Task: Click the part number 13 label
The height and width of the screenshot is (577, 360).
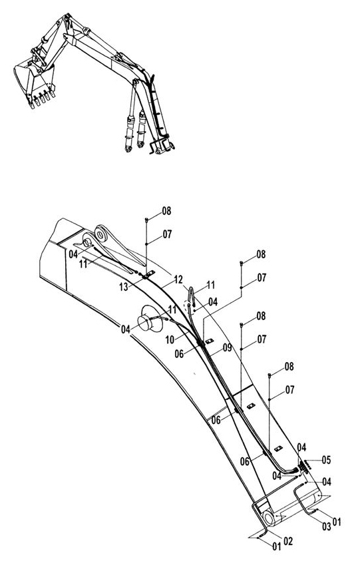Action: [x=124, y=287]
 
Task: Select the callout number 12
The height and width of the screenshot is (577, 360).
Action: [x=178, y=280]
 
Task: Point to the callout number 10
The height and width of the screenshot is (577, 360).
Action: [x=169, y=339]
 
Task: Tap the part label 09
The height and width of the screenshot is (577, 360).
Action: [x=227, y=347]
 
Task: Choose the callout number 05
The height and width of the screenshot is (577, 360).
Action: [x=326, y=460]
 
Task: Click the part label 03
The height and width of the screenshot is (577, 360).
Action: [x=327, y=526]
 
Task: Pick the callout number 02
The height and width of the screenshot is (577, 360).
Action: [x=288, y=540]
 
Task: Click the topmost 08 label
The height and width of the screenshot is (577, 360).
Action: [x=166, y=211]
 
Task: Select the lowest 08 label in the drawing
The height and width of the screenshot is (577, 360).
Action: [x=289, y=366]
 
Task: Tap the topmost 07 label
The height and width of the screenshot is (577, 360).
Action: [x=167, y=234]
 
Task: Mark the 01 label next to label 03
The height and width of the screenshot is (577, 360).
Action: [x=337, y=522]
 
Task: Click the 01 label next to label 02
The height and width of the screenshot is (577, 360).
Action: [x=277, y=546]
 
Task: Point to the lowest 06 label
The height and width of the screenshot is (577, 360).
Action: [x=245, y=461]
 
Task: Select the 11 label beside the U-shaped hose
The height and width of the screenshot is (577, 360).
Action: [x=210, y=285]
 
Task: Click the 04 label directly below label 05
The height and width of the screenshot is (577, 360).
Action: [x=327, y=482]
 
